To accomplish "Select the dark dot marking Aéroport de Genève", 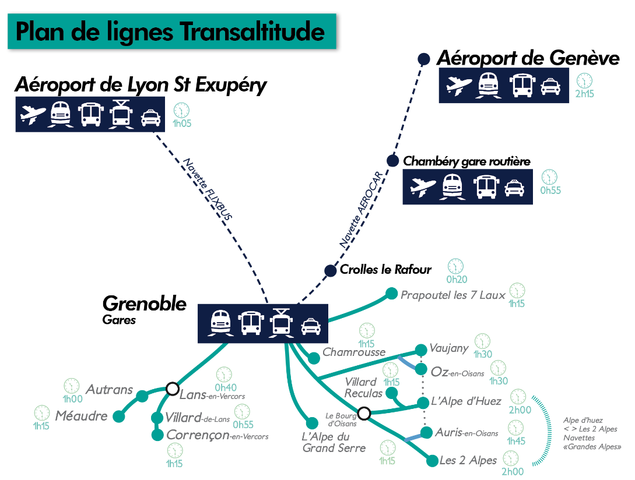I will tap(424, 59).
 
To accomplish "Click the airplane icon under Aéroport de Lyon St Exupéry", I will tap(32, 115).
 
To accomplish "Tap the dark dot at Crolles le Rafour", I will tap(331, 270).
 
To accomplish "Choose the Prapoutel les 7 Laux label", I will tap(453, 295).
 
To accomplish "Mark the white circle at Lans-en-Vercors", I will tap(172, 388).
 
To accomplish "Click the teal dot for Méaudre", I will tap(119, 417).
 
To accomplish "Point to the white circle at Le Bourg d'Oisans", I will tap(364, 413).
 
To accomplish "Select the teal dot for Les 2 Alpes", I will tap(432, 461).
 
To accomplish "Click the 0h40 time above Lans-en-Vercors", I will tap(226, 387).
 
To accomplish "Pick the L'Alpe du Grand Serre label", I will tap(334, 442).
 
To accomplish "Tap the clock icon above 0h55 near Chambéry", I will tap(549, 177).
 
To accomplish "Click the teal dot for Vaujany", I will tap(420, 350).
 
